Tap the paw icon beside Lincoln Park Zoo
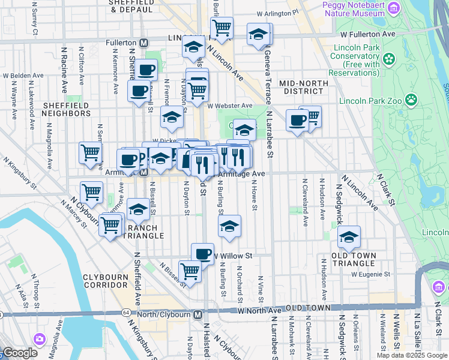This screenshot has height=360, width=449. (x=412, y=99)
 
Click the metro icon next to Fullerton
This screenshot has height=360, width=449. (x=144, y=43)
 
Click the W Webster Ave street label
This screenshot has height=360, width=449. (x=230, y=106)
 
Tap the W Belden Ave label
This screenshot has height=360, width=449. (x=24, y=76)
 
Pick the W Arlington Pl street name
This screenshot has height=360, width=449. (x=277, y=12)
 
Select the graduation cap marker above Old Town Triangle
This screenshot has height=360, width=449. (x=349, y=238)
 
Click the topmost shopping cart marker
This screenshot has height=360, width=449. (x=221, y=28)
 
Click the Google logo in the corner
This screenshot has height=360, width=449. (x=20, y=353)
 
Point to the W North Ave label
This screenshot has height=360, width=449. (x=259, y=310)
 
